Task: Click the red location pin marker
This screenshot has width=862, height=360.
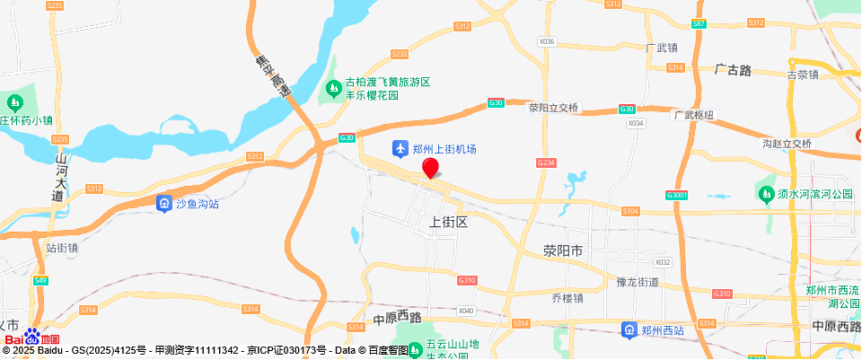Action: tap(431, 168)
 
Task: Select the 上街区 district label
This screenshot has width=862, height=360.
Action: tap(450, 222)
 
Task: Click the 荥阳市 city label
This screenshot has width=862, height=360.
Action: tap(563, 251)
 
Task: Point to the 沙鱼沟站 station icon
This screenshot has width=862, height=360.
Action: tap(163, 204)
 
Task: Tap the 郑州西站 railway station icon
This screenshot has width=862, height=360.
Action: tap(631, 331)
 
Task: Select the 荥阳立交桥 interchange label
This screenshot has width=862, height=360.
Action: tap(554, 108)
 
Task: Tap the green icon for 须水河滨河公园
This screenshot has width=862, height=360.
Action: tap(766, 194)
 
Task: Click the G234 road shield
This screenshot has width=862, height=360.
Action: tap(546, 162)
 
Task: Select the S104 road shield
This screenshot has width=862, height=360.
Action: tap(630, 210)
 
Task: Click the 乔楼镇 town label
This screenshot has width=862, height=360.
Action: tap(567, 298)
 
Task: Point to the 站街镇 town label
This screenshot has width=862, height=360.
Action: tap(62, 247)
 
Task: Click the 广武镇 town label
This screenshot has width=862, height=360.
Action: tap(662, 48)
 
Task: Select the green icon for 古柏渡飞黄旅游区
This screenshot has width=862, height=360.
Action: tap(333, 87)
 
